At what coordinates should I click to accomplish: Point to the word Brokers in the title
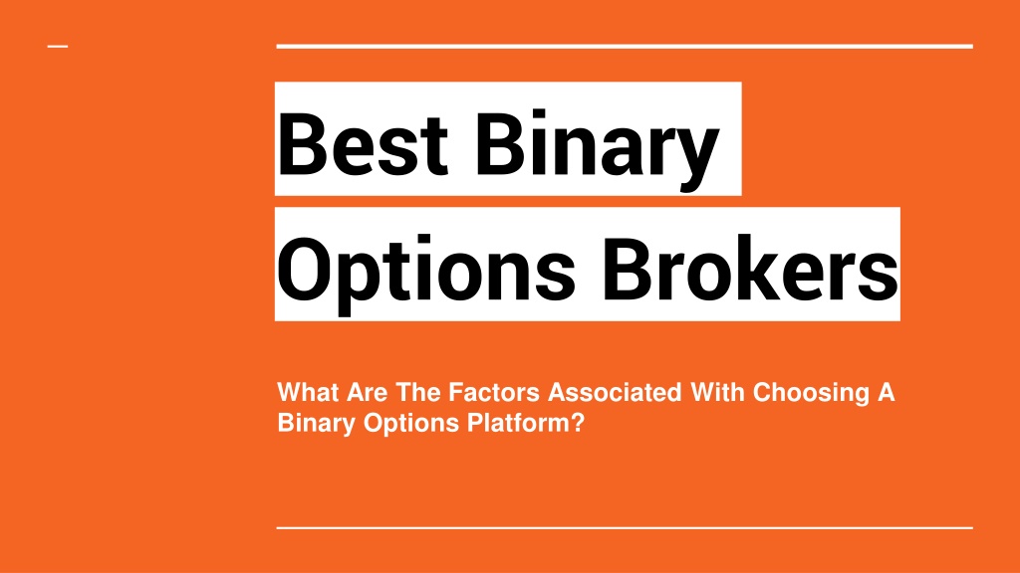(x=751, y=269)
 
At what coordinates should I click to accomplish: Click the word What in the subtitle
(x=309, y=392)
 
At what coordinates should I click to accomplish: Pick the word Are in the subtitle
(x=367, y=392)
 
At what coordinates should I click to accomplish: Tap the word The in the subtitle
(x=418, y=392)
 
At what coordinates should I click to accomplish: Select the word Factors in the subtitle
(x=494, y=392)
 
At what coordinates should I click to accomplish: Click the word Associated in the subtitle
(x=615, y=392)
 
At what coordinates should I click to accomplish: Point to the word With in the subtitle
(x=717, y=392)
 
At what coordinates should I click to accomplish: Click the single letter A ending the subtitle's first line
(x=886, y=392)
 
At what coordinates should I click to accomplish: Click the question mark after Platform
(x=578, y=423)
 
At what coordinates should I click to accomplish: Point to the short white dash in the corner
(x=58, y=46)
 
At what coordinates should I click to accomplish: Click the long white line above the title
(x=625, y=46)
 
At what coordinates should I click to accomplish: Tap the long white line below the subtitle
(x=625, y=528)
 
